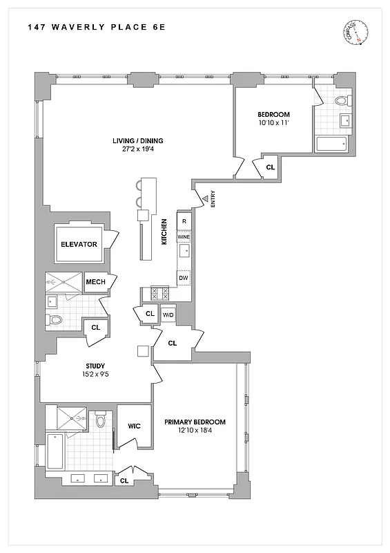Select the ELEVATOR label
79,244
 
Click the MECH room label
95,281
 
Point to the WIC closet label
134,426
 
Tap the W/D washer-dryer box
168,315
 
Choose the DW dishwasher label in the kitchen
184,278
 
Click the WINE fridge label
184,237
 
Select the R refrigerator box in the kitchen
184,221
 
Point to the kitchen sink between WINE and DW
184,252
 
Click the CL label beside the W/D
150,315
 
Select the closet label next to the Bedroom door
270,167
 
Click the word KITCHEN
165,231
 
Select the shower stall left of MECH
64,282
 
